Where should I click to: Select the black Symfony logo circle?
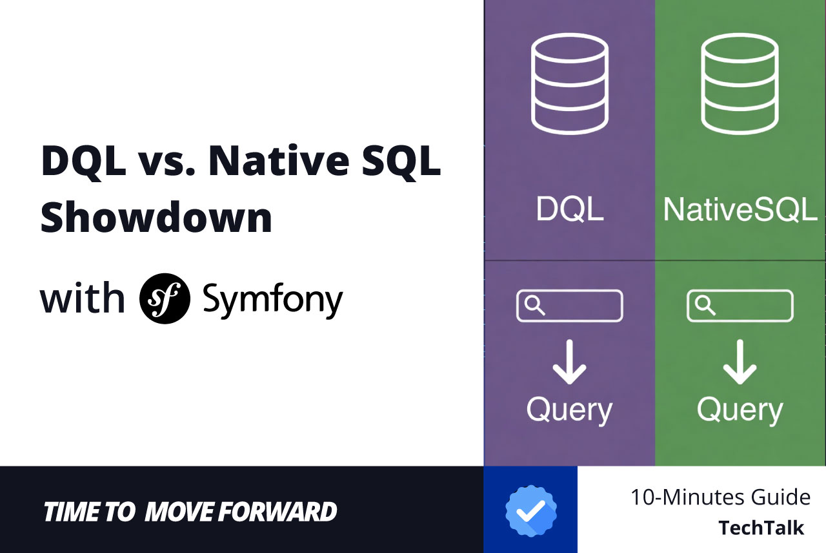[x=165, y=298]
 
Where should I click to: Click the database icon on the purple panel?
[x=569, y=83]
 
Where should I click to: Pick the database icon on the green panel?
[x=740, y=83]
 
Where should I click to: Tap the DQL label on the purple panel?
[x=570, y=209]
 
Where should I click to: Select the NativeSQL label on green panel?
[x=740, y=209]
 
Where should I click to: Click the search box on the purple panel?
[x=569, y=306]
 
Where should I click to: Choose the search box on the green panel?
[x=740, y=306]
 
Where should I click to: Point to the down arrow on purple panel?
[x=569, y=362]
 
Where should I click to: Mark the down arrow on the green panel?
[x=740, y=362]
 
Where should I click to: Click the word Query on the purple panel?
[x=569, y=410]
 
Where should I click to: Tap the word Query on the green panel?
[x=740, y=410]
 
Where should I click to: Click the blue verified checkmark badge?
[x=530, y=511]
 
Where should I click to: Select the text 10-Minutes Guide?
[x=720, y=497]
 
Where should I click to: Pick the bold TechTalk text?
[x=761, y=528]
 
